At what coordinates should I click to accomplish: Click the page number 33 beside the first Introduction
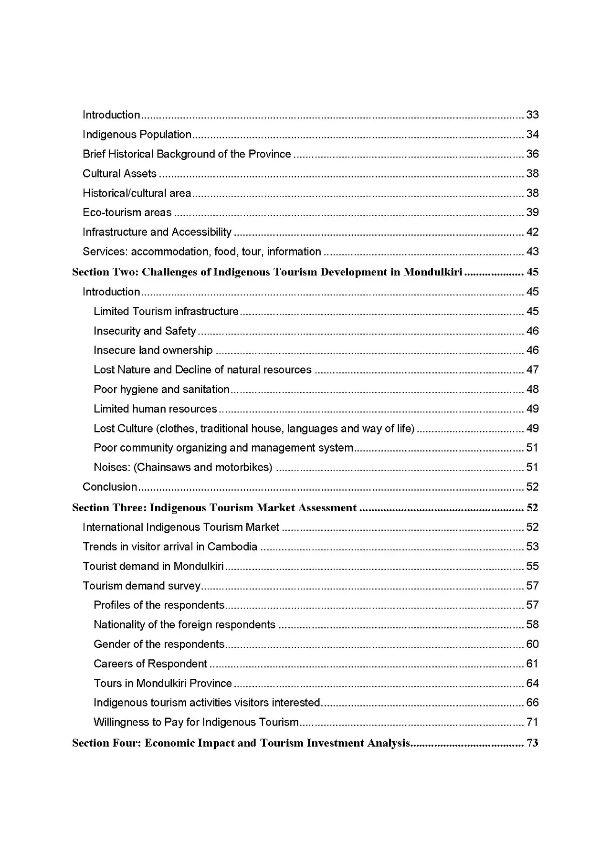click(x=532, y=115)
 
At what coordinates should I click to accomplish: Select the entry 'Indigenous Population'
click(x=137, y=135)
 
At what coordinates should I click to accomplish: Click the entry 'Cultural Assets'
click(x=119, y=174)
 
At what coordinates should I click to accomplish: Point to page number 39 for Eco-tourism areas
click(x=532, y=212)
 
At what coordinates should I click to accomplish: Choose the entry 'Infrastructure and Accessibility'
click(x=157, y=232)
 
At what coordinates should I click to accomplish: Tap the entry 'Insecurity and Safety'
click(x=145, y=331)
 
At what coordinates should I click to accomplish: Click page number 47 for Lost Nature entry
click(x=532, y=370)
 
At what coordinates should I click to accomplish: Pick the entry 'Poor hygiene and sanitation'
click(x=161, y=390)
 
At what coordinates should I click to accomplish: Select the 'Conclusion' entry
click(x=110, y=487)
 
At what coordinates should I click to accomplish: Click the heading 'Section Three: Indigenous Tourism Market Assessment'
click(x=214, y=508)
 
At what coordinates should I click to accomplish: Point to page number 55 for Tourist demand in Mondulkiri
click(x=532, y=567)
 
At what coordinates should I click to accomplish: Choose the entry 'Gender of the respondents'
click(x=159, y=644)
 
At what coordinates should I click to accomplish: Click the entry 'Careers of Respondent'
click(x=150, y=664)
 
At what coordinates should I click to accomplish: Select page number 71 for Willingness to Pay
click(x=532, y=722)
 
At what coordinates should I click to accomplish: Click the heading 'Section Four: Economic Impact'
click(x=241, y=743)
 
